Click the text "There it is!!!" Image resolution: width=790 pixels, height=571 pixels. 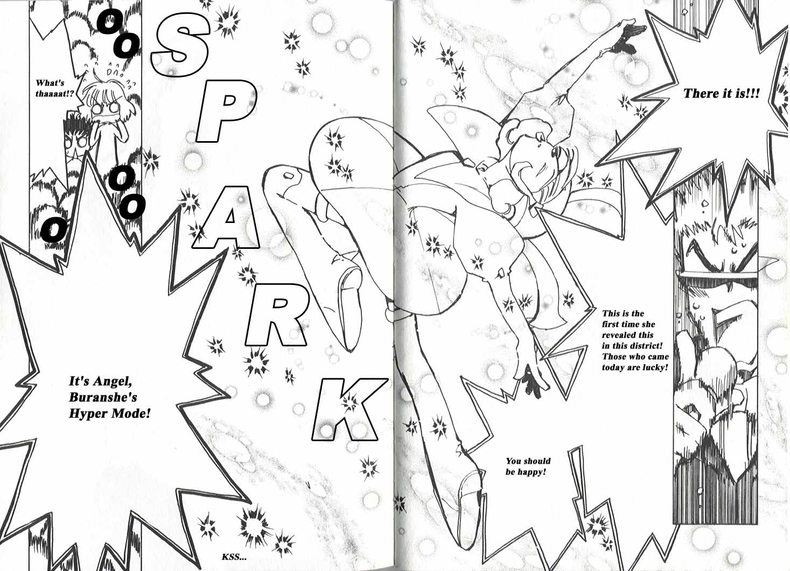721,94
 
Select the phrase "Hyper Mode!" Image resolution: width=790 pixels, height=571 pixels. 109,414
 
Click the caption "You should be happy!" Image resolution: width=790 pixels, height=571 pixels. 528,466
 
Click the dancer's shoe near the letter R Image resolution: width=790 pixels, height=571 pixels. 347,283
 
